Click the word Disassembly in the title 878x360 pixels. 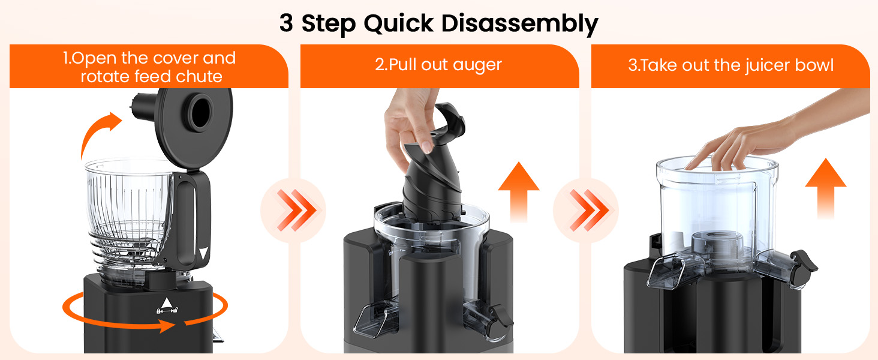(520, 23)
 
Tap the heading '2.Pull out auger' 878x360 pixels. (438, 65)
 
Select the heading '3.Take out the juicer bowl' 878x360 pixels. (730, 65)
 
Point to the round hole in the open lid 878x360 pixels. (201, 109)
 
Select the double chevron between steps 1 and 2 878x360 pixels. (294, 210)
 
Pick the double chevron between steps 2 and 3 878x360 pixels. (585, 210)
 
